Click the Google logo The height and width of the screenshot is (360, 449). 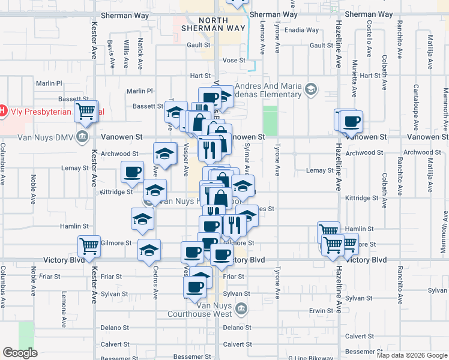(20, 353)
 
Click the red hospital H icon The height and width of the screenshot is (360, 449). (2, 111)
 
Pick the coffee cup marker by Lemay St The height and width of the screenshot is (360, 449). (132, 172)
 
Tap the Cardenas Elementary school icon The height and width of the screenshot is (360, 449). (311, 90)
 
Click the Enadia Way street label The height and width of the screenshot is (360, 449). (302, 30)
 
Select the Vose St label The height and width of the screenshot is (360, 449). (234, 61)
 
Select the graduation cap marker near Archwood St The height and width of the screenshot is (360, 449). (165, 154)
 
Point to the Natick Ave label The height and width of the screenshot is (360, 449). (140, 52)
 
